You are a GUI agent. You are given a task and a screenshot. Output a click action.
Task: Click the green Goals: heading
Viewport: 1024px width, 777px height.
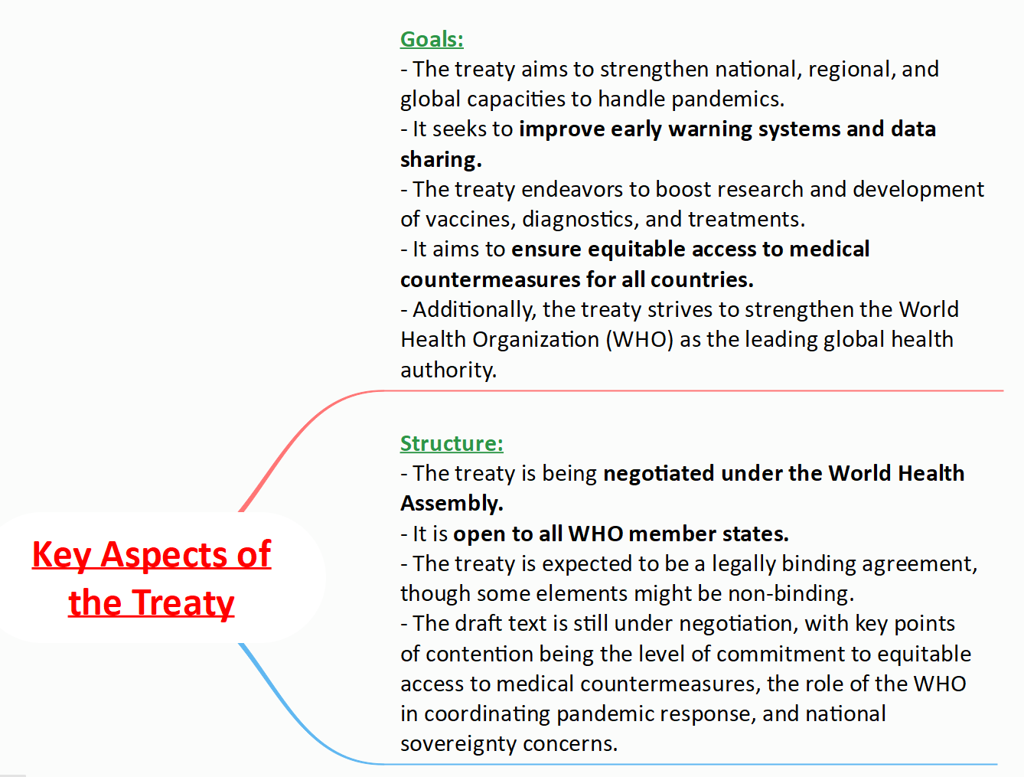point(432,39)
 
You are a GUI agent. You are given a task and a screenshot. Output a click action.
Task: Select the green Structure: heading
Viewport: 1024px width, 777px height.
point(452,443)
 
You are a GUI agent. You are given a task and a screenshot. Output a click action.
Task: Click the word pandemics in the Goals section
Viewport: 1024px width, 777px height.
point(728,100)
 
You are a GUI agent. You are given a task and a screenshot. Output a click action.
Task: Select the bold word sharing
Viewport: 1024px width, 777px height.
point(441,160)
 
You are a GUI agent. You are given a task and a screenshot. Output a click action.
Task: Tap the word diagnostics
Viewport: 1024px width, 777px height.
point(580,220)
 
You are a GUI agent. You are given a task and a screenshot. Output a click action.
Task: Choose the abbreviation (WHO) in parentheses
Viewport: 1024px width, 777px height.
point(640,340)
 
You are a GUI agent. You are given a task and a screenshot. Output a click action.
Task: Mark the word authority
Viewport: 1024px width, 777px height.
point(448,370)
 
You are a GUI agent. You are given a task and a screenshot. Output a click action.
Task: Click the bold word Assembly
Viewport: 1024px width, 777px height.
point(452,504)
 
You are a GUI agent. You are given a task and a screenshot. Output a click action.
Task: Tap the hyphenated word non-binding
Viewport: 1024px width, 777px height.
point(791,593)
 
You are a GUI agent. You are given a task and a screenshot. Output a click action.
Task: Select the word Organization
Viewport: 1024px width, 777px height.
point(536,340)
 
